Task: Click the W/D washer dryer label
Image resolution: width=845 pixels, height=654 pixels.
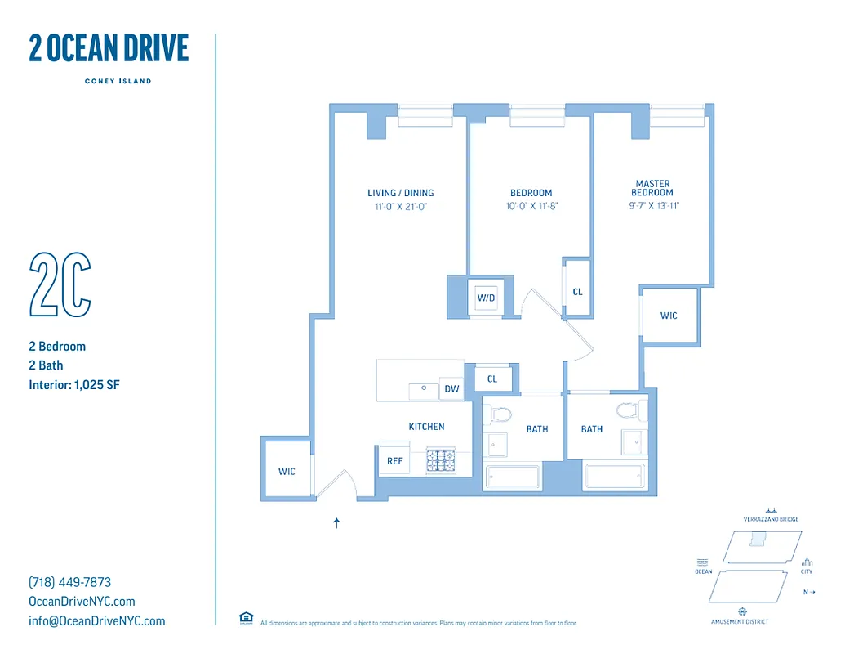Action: (487, 298)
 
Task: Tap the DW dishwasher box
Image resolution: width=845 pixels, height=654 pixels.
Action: (451, 390)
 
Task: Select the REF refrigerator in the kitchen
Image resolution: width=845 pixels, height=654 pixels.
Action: (394, 461)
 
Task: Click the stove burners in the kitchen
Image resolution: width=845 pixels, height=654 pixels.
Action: (442, 461)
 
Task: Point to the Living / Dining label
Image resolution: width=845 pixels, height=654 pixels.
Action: (400, 193)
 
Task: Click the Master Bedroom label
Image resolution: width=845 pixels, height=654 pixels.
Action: (652, 188)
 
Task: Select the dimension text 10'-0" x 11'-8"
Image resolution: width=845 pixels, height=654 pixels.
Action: (531, 207)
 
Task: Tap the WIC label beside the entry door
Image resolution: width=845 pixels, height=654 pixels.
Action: (287, 472)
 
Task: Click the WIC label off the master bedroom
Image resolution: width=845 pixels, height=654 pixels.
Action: (669, 316)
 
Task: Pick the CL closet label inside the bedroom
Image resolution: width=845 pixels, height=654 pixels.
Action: (578, 292)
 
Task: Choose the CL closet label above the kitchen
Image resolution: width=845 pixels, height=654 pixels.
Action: (492, 379)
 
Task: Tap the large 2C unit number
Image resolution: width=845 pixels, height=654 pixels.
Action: (60, 284)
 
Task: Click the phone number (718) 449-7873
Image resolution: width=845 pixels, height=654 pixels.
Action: (69, 582)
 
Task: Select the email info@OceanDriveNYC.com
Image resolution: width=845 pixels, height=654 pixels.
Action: (96, 620)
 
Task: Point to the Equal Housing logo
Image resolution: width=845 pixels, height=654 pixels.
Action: (246, 618)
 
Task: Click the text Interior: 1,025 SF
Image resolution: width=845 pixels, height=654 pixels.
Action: (74, 384)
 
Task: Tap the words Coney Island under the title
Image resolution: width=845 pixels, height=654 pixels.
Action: (118, 81)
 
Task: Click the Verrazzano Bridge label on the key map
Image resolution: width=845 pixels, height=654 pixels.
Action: (771, 519)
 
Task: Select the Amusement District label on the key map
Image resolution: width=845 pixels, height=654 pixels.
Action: (740, 621)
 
